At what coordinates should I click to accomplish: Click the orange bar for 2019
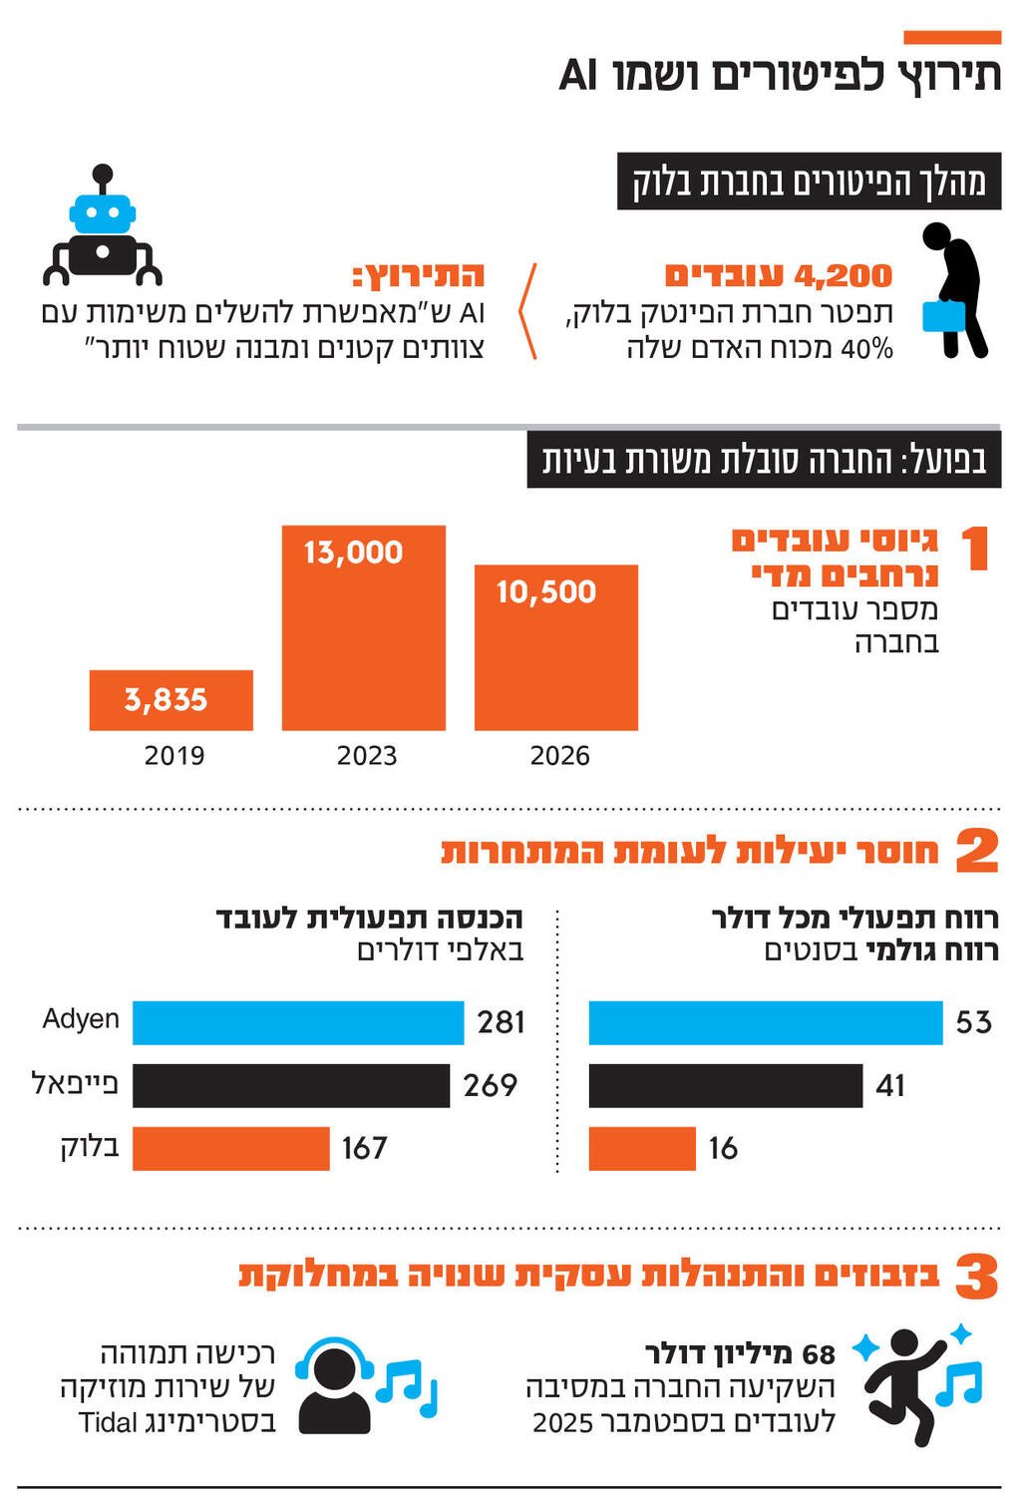[x=170, y=699]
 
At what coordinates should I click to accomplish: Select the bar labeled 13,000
[x=363, y=627]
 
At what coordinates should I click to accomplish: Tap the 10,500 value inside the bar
[x=545, y=591]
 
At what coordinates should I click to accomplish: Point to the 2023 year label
[x=366, y=755]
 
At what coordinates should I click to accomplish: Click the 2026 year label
[x=559, y=755]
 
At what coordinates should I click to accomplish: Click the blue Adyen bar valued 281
[x=297, y=1022]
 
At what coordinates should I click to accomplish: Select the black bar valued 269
[x=290, y=1085]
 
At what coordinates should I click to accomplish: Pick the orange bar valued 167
[x=230, y=1148]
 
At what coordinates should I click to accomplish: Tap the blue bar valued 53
[x=765, y=1022]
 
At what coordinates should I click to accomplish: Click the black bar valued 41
[x=725, y=1085]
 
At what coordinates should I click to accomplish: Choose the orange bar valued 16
[x=641, y=1148]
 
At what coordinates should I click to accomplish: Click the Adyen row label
[x=81, y=1018]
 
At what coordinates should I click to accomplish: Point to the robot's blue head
[x=103, y=213]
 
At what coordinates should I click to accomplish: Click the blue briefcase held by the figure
[x=943, y=316]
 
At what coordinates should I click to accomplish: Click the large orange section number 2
[x=976, y=851]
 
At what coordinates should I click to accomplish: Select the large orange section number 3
[x=976, y=1277]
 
